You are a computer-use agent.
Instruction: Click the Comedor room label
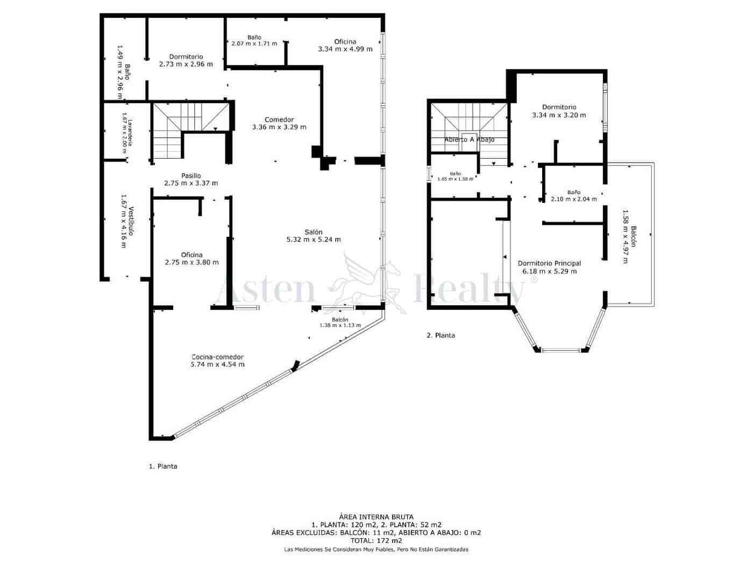(279, 119)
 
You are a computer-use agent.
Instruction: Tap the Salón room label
(313, 232)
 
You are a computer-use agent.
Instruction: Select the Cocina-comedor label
(217, 357)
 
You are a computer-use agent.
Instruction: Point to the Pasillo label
(191, 175)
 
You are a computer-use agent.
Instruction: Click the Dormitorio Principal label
(549, 263)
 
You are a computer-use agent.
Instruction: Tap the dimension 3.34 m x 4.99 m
(345, 49)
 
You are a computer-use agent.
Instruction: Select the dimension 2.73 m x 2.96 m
(186, 64)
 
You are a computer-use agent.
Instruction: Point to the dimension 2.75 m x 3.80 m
(191, 263)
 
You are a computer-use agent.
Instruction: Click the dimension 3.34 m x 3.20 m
(559, 115)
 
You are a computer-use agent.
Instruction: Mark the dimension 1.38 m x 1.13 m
(340, 326)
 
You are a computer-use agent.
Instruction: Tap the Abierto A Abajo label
(469, 139)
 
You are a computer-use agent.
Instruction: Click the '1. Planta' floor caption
(163, 467)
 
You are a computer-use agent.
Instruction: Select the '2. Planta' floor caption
(441, 335)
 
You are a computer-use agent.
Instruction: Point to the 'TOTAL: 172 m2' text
(376, 541)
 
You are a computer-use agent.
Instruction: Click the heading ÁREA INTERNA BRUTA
(376, 517)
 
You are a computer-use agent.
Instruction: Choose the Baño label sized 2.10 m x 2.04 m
(573, 192)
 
